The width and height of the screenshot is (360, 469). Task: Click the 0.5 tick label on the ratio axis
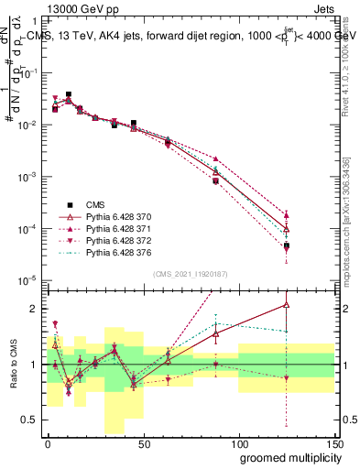click(x=30, y=420)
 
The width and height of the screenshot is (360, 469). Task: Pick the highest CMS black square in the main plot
click(x=69, y=94)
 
